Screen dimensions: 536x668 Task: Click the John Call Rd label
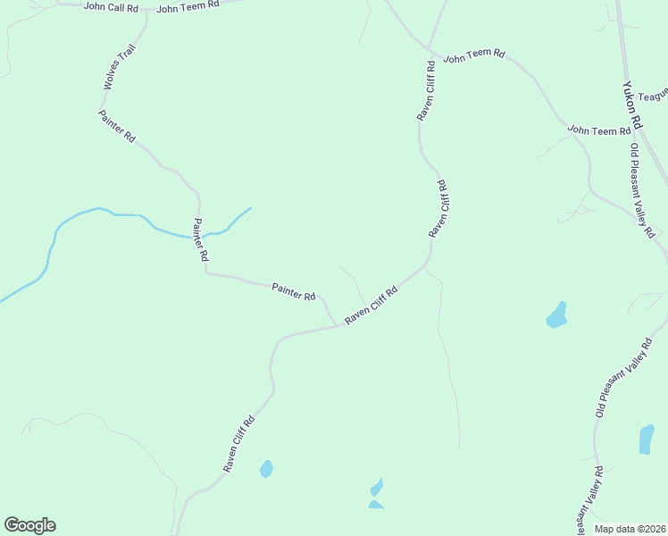(x=111, y=6)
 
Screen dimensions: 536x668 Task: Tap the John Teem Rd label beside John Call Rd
(x=188, y=7)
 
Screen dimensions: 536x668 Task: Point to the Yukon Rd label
(x=632, y=105)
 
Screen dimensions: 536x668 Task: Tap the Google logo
(x=29, y=525)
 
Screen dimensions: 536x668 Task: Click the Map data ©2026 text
(x=629, y=529)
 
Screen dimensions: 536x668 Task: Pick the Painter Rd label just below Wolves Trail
(x=117, y=126)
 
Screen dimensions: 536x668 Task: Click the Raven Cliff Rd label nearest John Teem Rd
(x=425, y=90)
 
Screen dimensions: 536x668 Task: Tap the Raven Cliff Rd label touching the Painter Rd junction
(x=372, y=305)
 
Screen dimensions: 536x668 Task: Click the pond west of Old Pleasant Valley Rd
(x=556, y=314)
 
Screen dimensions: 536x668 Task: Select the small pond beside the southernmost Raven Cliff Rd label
(x=266, y=469)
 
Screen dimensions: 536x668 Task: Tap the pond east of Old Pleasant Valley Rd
(x=647, y=439)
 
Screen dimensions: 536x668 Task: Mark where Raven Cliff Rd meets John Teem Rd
(x=429, y=48)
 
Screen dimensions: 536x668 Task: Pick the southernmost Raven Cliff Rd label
(x=239, y=444)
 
